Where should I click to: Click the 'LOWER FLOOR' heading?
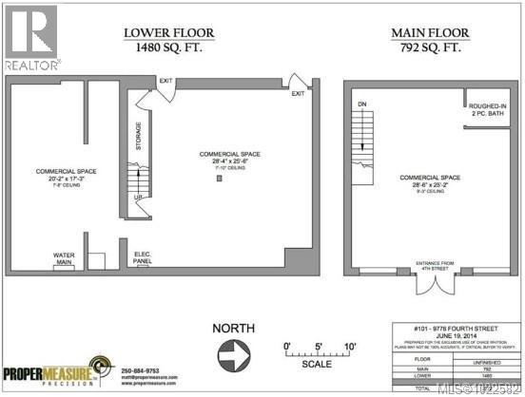(169, 33)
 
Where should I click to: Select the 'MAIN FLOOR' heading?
(429, 33)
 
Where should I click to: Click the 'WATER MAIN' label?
(66, 257)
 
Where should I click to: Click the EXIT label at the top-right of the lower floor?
(298, 93)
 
